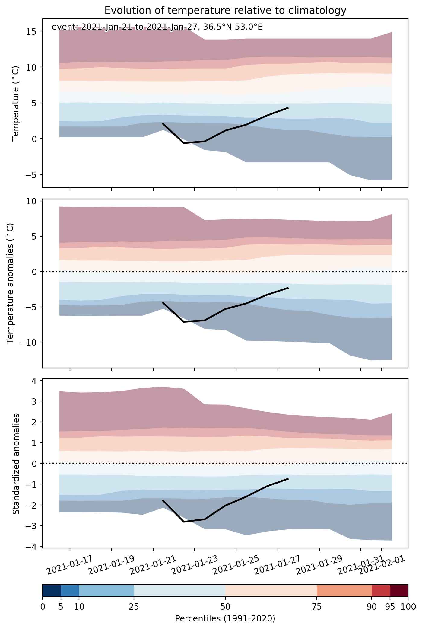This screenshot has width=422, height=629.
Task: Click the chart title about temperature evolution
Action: click(225, 11)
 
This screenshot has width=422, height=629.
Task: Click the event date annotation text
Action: click(157, 27)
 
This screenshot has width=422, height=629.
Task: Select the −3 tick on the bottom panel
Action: click(32, 526)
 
